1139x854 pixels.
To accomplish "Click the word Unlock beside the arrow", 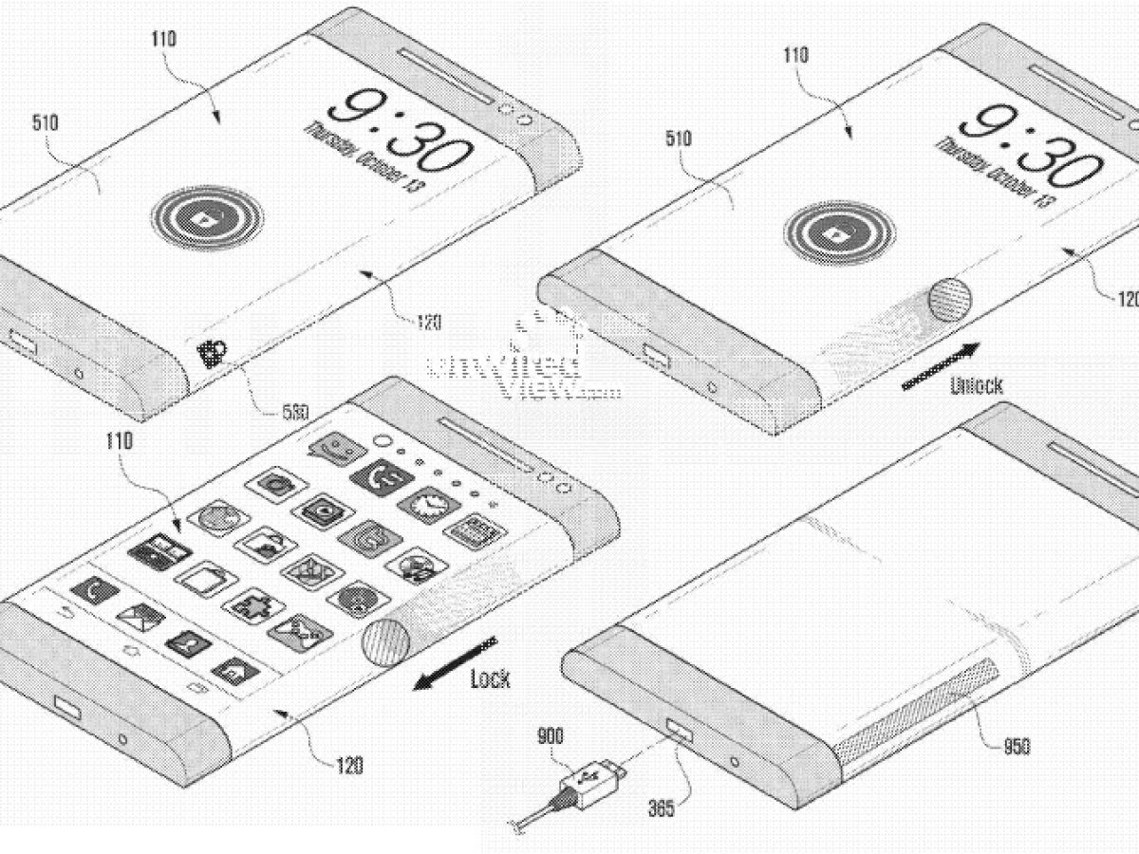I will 975,385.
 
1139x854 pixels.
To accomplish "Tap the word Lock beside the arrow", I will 490,678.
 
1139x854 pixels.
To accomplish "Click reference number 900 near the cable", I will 551,736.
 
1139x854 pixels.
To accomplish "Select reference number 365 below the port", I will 661,808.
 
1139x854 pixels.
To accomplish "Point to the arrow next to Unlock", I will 938,363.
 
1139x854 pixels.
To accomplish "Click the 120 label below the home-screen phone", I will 348,764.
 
